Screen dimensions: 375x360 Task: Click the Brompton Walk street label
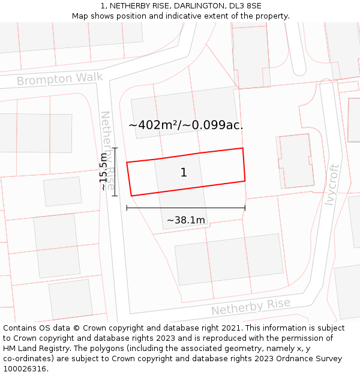tap(59, 79)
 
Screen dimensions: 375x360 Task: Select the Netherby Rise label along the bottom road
tap(250, 307)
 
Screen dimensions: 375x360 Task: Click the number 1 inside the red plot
tap(184, 173)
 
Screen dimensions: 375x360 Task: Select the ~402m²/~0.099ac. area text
tap(185, 125)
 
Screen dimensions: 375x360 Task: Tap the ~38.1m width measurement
tap(185, 220)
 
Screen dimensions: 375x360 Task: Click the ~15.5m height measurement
tap(103, 172)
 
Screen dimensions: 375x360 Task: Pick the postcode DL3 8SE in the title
tap(245, 6)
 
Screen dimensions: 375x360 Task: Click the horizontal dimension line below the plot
tap(185, 208)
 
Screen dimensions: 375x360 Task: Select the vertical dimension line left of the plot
tap(115, 172)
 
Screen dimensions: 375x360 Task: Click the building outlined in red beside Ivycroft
tap(295, 160)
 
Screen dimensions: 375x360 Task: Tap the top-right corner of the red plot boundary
tap(242, 148)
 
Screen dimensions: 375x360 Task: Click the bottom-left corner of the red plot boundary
tap(131, 196)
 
